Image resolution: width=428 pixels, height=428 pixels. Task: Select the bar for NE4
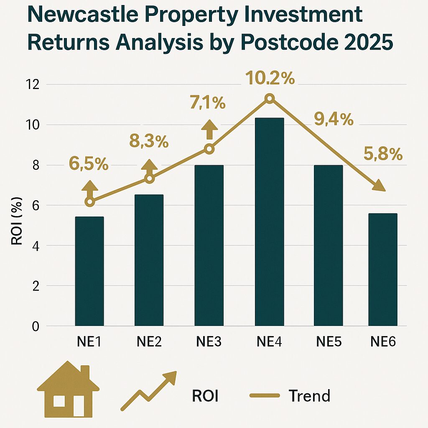(x=270, y=222)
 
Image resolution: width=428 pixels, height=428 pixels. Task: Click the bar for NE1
(x=89, y=271)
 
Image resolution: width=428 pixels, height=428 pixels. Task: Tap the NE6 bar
(x=383, y=269)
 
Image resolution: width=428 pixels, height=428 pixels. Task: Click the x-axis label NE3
(x=209, y=342)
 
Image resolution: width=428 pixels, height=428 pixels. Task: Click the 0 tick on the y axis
(x=35, y=326)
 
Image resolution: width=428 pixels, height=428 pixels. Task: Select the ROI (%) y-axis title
(x=17, y=230)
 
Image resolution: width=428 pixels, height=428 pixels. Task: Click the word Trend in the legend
(x=309, y=395)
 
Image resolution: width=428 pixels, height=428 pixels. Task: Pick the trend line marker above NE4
(x=270, y=99)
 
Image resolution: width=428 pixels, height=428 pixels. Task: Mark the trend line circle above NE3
(x=209, y=149)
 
